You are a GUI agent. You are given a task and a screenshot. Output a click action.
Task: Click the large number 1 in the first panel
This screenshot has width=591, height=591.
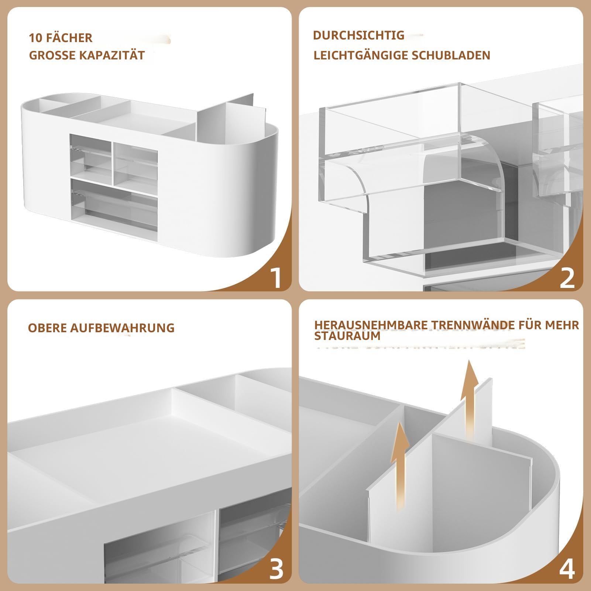(276, 278)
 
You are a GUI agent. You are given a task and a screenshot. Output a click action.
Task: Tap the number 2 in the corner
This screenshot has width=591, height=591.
(567, 278)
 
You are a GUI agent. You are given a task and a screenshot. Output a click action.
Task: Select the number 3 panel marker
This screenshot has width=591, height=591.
(276, 569)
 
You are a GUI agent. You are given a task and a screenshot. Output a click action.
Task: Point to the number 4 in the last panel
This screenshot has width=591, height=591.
(567, 569)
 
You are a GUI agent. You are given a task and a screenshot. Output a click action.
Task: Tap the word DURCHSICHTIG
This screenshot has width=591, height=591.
(358, 35)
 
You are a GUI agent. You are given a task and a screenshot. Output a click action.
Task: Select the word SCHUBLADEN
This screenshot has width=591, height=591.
(451, 55)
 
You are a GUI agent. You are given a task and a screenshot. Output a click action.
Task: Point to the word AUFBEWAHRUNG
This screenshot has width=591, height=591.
(122, 328)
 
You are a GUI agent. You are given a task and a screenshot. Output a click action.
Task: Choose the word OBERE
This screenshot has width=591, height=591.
(48, 328)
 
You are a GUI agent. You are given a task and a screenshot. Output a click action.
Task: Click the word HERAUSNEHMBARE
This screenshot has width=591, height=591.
(371, 325)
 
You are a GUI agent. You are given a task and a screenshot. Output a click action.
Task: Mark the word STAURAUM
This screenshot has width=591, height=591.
(342, 336)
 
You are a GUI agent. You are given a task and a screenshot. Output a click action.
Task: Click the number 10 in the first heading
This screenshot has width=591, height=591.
(36, 38)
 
